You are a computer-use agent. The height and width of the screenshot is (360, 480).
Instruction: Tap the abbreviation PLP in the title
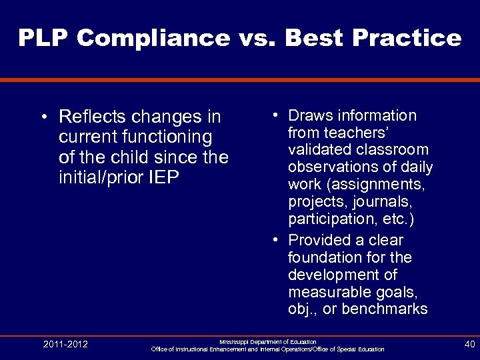coord(43,38)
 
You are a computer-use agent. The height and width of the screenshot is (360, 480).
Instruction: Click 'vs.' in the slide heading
coord(256,38)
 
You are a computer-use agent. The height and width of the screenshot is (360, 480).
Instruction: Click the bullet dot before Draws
coord(275,117)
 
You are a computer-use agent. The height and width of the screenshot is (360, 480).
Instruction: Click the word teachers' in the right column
coord(325,133)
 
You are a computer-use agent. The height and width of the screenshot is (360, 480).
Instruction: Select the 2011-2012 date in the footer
coord(65,345)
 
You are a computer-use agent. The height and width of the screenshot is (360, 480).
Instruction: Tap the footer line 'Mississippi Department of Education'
coord(268,341)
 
